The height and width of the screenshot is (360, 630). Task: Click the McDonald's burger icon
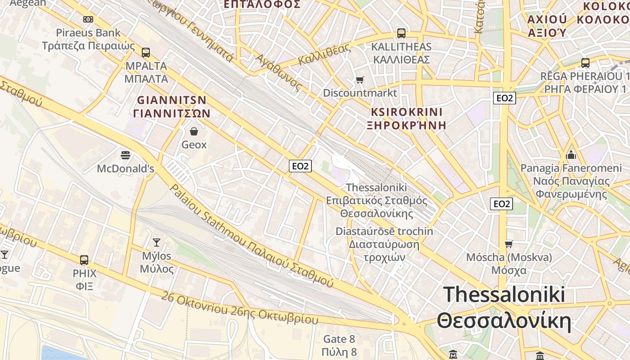pyautogui.click(x=126, y=155)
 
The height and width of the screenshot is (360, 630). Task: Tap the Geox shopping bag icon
pyautogui.click(x=194, y=131)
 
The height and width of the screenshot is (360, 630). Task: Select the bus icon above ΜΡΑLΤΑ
pyautogui.click(x=145, y=52)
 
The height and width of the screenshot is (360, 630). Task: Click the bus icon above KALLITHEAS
pyautogui.click(x=401, y=33)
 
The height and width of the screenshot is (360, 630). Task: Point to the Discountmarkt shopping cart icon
pyautogui.click(x=360, y=80)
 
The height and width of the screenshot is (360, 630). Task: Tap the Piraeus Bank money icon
pyautogui.click(x=88, y=19)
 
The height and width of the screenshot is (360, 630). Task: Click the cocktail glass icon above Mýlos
pyautogui.click(x=156, y=243)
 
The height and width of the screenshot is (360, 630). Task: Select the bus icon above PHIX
pyautogui.click(x=84, y=260)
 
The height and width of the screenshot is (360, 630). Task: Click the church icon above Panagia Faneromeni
pyautogui.click(x=571, y=155)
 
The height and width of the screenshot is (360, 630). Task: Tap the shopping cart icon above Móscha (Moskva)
pyautogui.click(x=509, y=244)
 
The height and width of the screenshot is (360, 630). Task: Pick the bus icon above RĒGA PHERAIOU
pyautogui.click(x=585, y=63)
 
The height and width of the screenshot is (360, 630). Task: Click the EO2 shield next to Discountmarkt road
pyautogui.click(x=504, y=98)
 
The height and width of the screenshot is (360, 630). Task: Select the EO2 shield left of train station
pyautogui.click(x=300, y=166)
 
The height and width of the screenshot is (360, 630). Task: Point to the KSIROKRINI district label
pyautogui.click(x=407, y=112)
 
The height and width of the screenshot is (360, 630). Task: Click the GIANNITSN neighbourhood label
pyautogui.click(x=171, y=100)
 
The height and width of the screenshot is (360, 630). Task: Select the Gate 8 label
pyautogui.click(x=339, y=339)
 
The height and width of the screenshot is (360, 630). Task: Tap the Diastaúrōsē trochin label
pyautogui.click(x=384, y=231)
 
